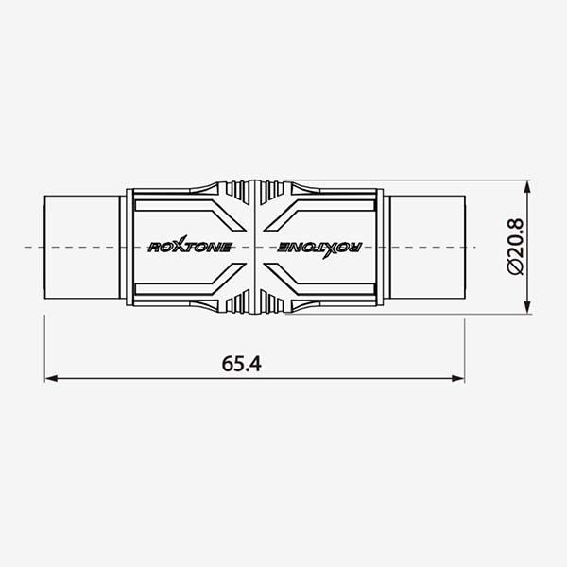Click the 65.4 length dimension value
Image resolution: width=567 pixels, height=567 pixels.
tap(241, 364)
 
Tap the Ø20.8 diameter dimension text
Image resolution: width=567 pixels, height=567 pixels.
tap(515, 247)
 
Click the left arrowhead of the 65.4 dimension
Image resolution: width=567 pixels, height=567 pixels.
tap(51, 378)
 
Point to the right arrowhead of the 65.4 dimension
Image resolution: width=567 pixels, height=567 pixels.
tap(457, 378)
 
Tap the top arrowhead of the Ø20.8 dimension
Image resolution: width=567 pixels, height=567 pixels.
tap(527, 187)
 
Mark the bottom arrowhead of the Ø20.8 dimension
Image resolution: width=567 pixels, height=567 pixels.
tap(527, 307)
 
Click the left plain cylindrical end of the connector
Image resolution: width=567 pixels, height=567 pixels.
tap(81, 248)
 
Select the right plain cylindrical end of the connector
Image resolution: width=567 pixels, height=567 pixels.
tap(427, 248)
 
